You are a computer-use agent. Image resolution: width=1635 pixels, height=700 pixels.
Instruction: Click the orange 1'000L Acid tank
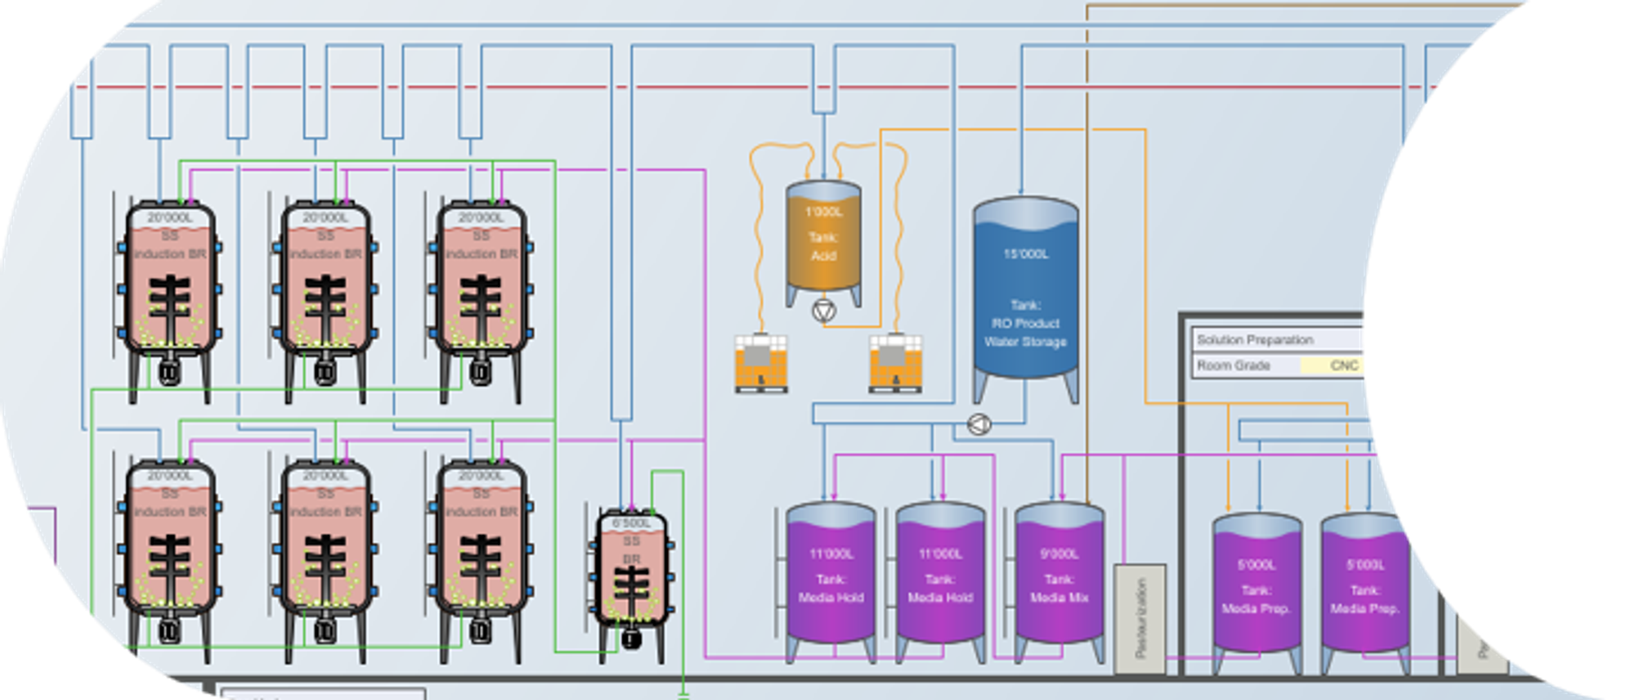coord(823,241)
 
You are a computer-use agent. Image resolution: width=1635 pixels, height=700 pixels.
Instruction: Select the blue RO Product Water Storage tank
coord(1025,294)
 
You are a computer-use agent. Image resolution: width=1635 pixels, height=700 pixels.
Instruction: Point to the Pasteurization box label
coord(1140,618)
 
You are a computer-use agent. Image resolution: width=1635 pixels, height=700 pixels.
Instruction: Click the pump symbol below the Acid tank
coord(824,311)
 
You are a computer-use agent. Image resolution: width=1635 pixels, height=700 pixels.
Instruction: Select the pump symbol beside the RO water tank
coord(979,424)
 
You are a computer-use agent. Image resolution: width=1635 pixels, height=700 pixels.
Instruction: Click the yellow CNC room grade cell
coord(1333,366)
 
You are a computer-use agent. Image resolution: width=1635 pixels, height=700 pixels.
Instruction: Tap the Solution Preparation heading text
coord(1255,339)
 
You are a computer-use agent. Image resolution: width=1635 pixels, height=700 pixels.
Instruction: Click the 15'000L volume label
coord(1026,254)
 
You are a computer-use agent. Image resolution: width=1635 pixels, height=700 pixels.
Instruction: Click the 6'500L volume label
coord(631,523)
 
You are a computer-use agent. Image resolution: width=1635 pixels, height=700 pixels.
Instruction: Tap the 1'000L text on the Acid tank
coord(823,213)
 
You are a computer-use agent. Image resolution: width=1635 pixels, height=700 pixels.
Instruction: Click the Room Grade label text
coord(1234,366)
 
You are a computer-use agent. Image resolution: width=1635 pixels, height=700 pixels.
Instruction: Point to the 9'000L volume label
coord(1059,554)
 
